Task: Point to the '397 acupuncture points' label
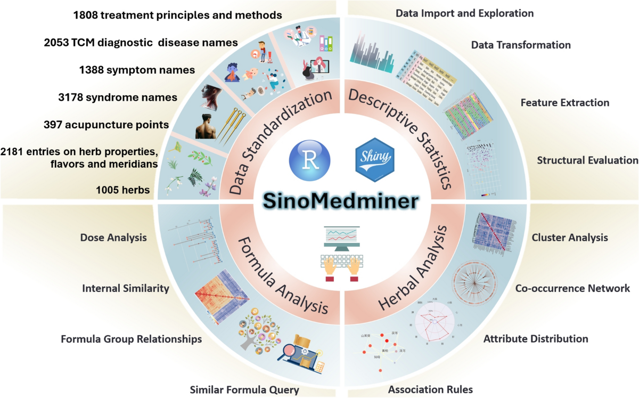tap(106, 125)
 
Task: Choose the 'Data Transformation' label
tap(521, 45)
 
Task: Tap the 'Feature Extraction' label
tap(565, 102)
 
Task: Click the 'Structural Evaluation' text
tap(587, 160)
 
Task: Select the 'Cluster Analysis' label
tap(570, 238)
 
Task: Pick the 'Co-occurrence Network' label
tap(572, 288)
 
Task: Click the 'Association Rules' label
tap(430, 389)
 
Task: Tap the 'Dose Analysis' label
tap(113, 238)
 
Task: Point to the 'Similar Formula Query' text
tap(244, 390)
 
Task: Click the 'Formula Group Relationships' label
tap(131, 339)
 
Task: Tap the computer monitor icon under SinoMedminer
tap(339, 239)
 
